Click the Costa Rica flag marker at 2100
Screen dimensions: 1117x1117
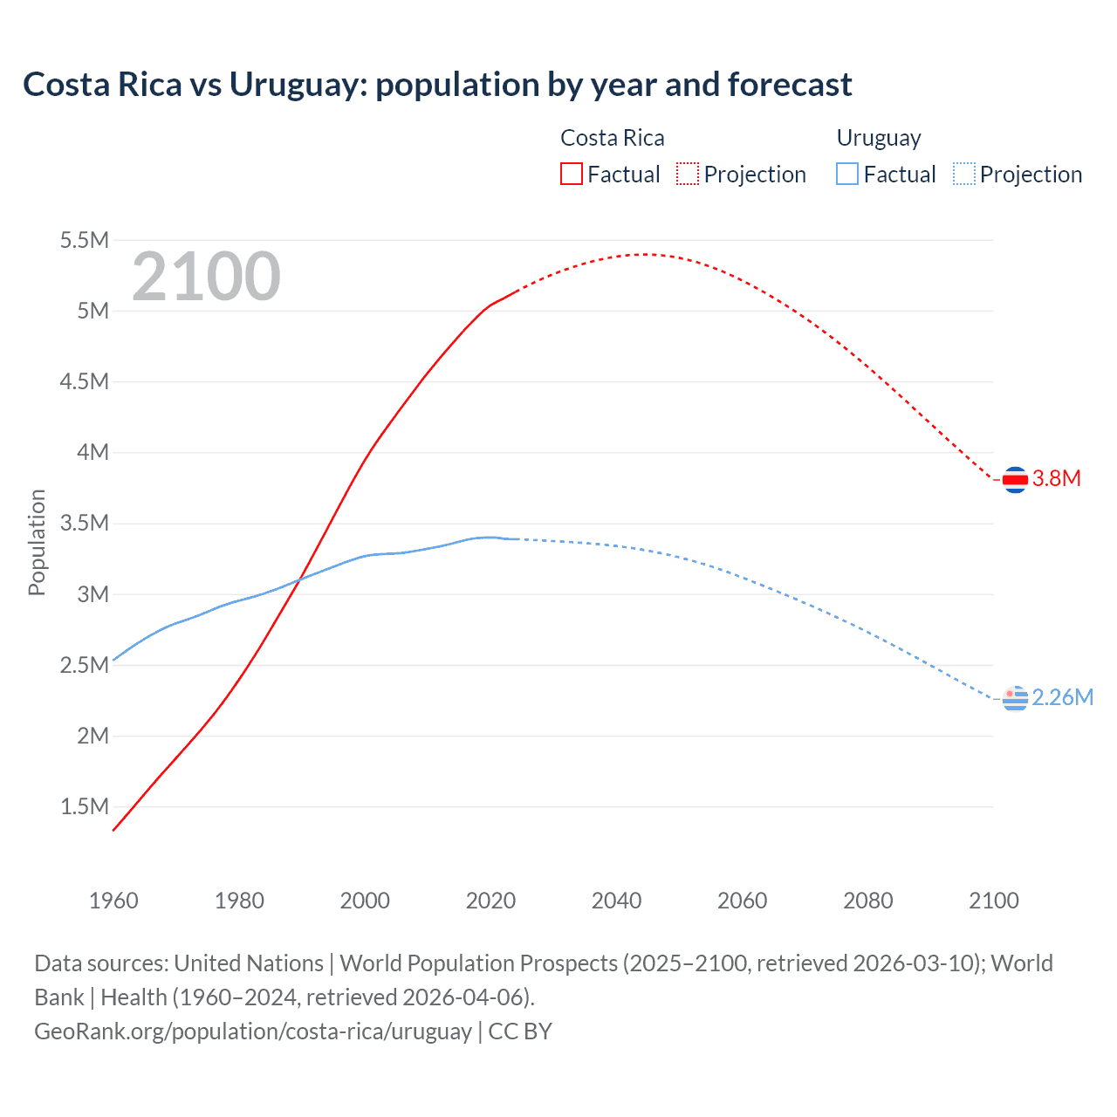click(x=1015, y=479)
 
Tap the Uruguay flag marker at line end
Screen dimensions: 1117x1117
click(x=1015, y=698)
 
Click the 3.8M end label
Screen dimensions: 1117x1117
click(x=1057, y=478)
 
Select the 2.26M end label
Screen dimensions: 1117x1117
click(x=1063, y=697)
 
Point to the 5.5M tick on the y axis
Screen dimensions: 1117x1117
click(x=84, y=240)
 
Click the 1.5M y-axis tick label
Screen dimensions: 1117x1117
click(x=84, y=806)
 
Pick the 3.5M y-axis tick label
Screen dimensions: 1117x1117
click(x=84, y=524)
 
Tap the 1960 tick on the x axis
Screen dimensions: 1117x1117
click(x=113, y=901)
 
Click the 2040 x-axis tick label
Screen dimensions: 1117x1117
click(x=616, y=901)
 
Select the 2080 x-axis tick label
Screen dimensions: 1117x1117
click(x=867, y=901)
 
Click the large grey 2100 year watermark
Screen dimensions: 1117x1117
click(x=206, y=277)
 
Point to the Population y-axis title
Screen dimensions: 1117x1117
click(x=37, y=542)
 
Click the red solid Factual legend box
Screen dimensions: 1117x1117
click(x=571, y=174)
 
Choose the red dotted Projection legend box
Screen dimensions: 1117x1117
click(x=688, y=174)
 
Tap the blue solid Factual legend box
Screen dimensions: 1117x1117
click(x=846, y=174)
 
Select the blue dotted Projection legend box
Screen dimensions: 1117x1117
click(x=963, y=174)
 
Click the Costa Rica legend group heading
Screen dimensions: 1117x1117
click(x=612, y=138)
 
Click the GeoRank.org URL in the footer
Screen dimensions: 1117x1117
click(x=252, y=1031)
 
